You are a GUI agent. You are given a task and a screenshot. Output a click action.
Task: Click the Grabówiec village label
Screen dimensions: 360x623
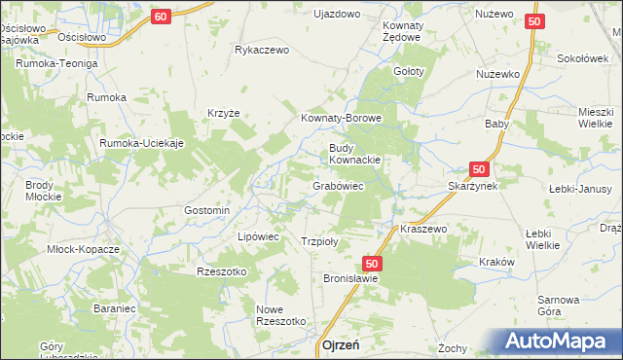coord(338,185)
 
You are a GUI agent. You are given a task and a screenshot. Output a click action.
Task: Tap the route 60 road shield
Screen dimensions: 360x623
coord(162,17)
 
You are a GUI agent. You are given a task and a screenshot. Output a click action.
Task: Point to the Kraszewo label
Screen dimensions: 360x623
coord(422,229)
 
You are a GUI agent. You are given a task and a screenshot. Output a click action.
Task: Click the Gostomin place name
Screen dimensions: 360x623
coord(206,210)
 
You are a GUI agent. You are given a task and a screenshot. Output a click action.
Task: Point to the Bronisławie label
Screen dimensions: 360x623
coord(350,277)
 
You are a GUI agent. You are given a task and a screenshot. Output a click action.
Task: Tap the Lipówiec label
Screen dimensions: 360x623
coord(259,236)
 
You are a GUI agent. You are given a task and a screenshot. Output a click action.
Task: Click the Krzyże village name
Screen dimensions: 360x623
coord(223,113)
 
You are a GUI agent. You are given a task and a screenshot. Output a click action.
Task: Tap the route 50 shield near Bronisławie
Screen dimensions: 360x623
coord(372,263)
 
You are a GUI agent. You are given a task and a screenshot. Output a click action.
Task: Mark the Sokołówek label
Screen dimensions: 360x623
coord(581,58)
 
